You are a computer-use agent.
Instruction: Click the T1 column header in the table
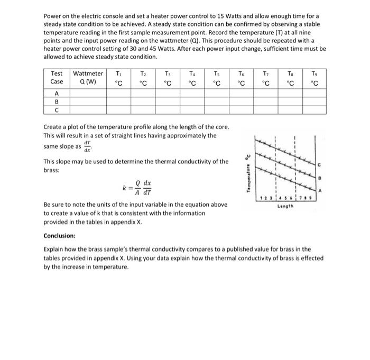tap(119, 78)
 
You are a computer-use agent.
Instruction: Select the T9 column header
tap(314, 78)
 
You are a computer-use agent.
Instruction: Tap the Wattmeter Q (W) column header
tap(88, 78)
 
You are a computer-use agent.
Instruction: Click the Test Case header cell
tap(56, 78)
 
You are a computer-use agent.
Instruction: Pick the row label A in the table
tap(56, 93)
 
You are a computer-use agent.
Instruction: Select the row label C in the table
tap(56, 110)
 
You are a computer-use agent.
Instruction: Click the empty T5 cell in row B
tap(216, 101)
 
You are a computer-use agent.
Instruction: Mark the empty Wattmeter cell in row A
tap(88, 93)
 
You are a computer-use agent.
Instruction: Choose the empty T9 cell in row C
tap(314, 110)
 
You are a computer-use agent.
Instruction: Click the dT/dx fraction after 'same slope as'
tap(79, 145)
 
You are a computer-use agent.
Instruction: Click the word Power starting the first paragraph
tap(52, 16)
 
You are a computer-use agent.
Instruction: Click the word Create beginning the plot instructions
tap(53, 127)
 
